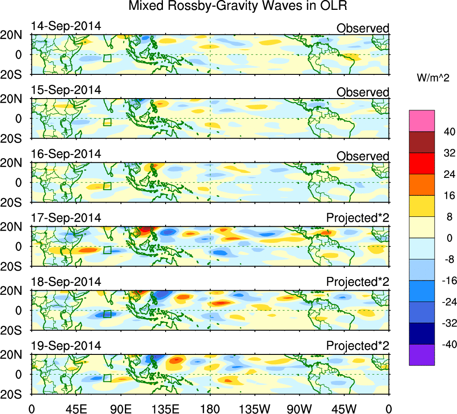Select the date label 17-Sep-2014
click(x=66, y=218)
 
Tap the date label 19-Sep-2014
click(x=66, y=346)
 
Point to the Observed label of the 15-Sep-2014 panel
click(x=363, y=92)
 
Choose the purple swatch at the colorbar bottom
click(x=422, y=355)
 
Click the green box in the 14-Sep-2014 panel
click(x=107, y=58)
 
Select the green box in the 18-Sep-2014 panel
click(x=107, y=314)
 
